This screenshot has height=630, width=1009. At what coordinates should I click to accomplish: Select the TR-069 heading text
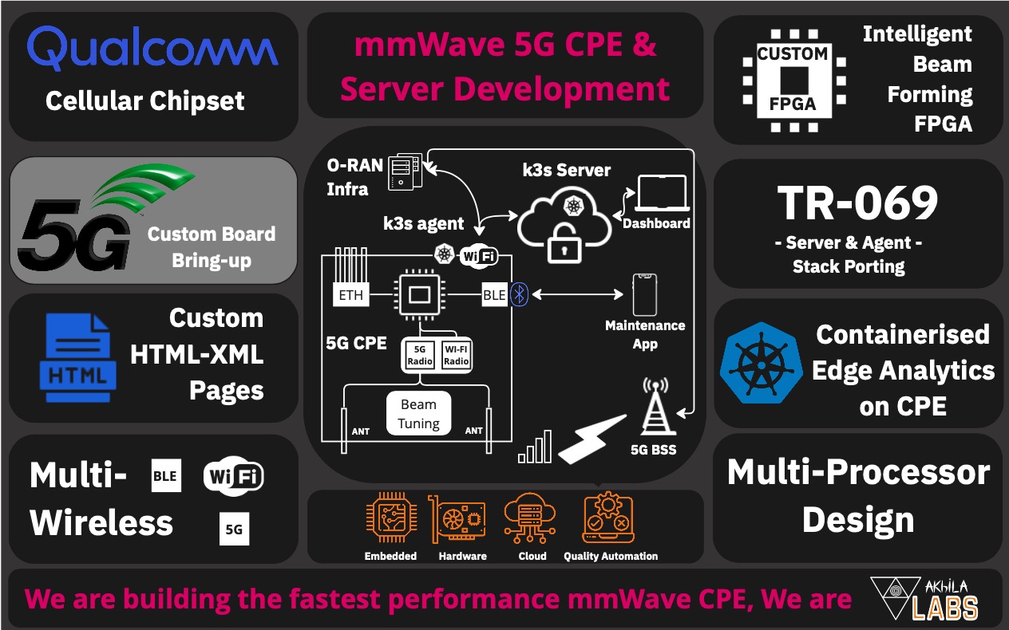(x=857, y=203)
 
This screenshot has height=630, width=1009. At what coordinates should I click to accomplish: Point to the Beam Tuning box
(x=419, y=413)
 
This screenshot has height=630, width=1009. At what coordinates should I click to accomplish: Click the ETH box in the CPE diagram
(x=351, y=295)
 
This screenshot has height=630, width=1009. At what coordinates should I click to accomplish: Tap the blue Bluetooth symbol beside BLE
(x=519, y=295)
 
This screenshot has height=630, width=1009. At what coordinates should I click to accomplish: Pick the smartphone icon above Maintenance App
(x=644, y=294)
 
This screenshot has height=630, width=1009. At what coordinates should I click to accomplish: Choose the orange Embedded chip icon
(x=390, y=518)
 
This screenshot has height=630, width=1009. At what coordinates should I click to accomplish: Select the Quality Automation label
(x=611, y=556)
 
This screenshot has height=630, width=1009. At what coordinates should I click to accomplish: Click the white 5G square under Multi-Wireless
(x=234, y=529)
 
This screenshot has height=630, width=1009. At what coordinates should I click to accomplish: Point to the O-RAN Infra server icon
(x=404, y=172)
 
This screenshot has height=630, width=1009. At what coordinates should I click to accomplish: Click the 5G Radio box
(x=420, y=356)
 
